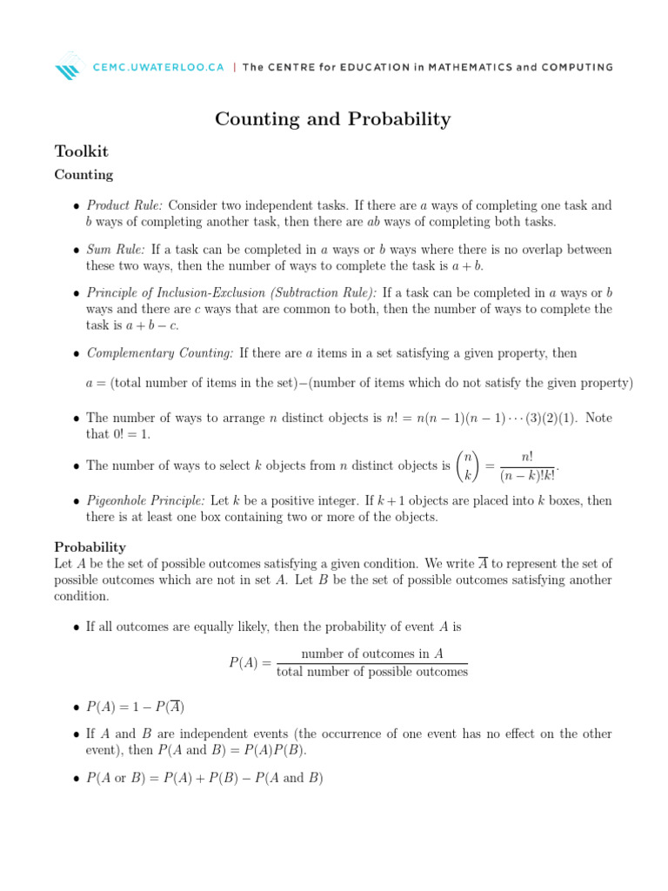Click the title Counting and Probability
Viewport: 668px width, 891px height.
point(333,119)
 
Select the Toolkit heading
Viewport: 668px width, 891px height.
point(81,151)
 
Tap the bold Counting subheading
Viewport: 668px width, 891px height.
point(83,175)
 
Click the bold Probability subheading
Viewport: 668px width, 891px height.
point(90,547)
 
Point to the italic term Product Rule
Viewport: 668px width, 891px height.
point(124,205)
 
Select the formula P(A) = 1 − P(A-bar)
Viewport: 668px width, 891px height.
point(135,706)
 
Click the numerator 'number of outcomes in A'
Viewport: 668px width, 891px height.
point(371,653)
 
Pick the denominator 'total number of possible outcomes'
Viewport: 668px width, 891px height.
point(371,671)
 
